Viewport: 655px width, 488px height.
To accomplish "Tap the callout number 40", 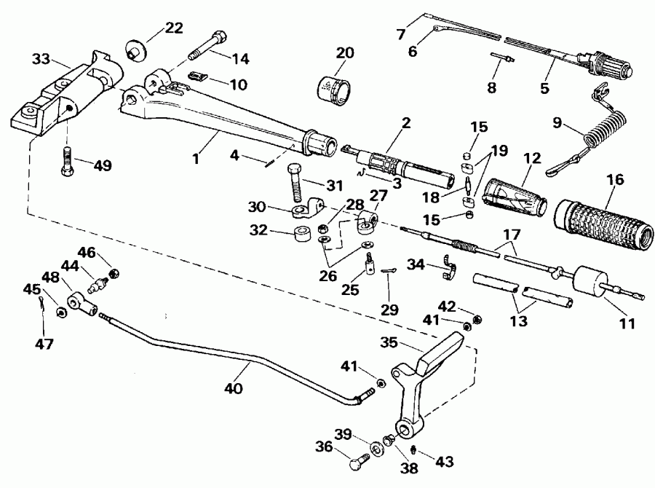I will pyautogui.click(x=233, y=389).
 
